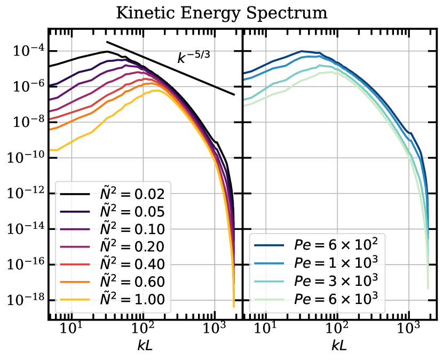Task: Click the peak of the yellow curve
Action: tap(156, 90)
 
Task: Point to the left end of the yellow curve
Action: tap(50, 150)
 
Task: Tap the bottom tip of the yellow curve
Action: tap(234, 307)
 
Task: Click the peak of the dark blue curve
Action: tap(303, 51)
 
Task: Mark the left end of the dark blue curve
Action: tap(244, 73)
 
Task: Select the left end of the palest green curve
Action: tap(244, 106)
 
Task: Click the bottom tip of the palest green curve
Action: tap(428, 288)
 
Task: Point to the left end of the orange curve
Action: tap(50, 130)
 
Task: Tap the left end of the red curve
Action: tap(50, 119)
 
